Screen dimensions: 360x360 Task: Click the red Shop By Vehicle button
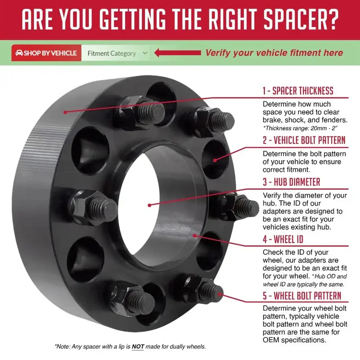tap(46, 53)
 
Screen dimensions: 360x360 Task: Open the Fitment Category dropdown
tap(116, 53)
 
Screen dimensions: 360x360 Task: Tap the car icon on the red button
tap(19, 53)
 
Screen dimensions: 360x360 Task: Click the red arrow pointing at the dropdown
tap(177, 53)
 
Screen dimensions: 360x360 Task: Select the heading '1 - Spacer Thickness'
tap(298, 91)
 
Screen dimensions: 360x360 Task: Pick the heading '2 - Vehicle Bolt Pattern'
tap(304, 140)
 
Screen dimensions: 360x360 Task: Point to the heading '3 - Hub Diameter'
tap(292, 182)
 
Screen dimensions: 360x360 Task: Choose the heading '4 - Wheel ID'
tap(283, 239)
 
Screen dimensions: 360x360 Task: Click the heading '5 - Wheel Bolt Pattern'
tap(302, 296)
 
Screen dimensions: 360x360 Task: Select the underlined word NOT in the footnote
tap(138, 346)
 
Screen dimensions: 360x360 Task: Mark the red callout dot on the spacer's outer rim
tap(65, 112)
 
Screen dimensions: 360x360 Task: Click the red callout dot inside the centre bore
tap(149, 205)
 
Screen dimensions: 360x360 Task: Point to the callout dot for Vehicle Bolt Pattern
tap(215, 160)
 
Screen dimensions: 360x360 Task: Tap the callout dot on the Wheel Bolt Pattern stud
tap(219, 294)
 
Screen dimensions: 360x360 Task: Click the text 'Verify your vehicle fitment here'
tap(274, 53)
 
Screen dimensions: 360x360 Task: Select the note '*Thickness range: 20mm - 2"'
tap(300, 128)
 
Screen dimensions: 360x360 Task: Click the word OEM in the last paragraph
tap(271, 340)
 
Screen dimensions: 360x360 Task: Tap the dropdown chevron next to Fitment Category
tap(145, 53)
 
